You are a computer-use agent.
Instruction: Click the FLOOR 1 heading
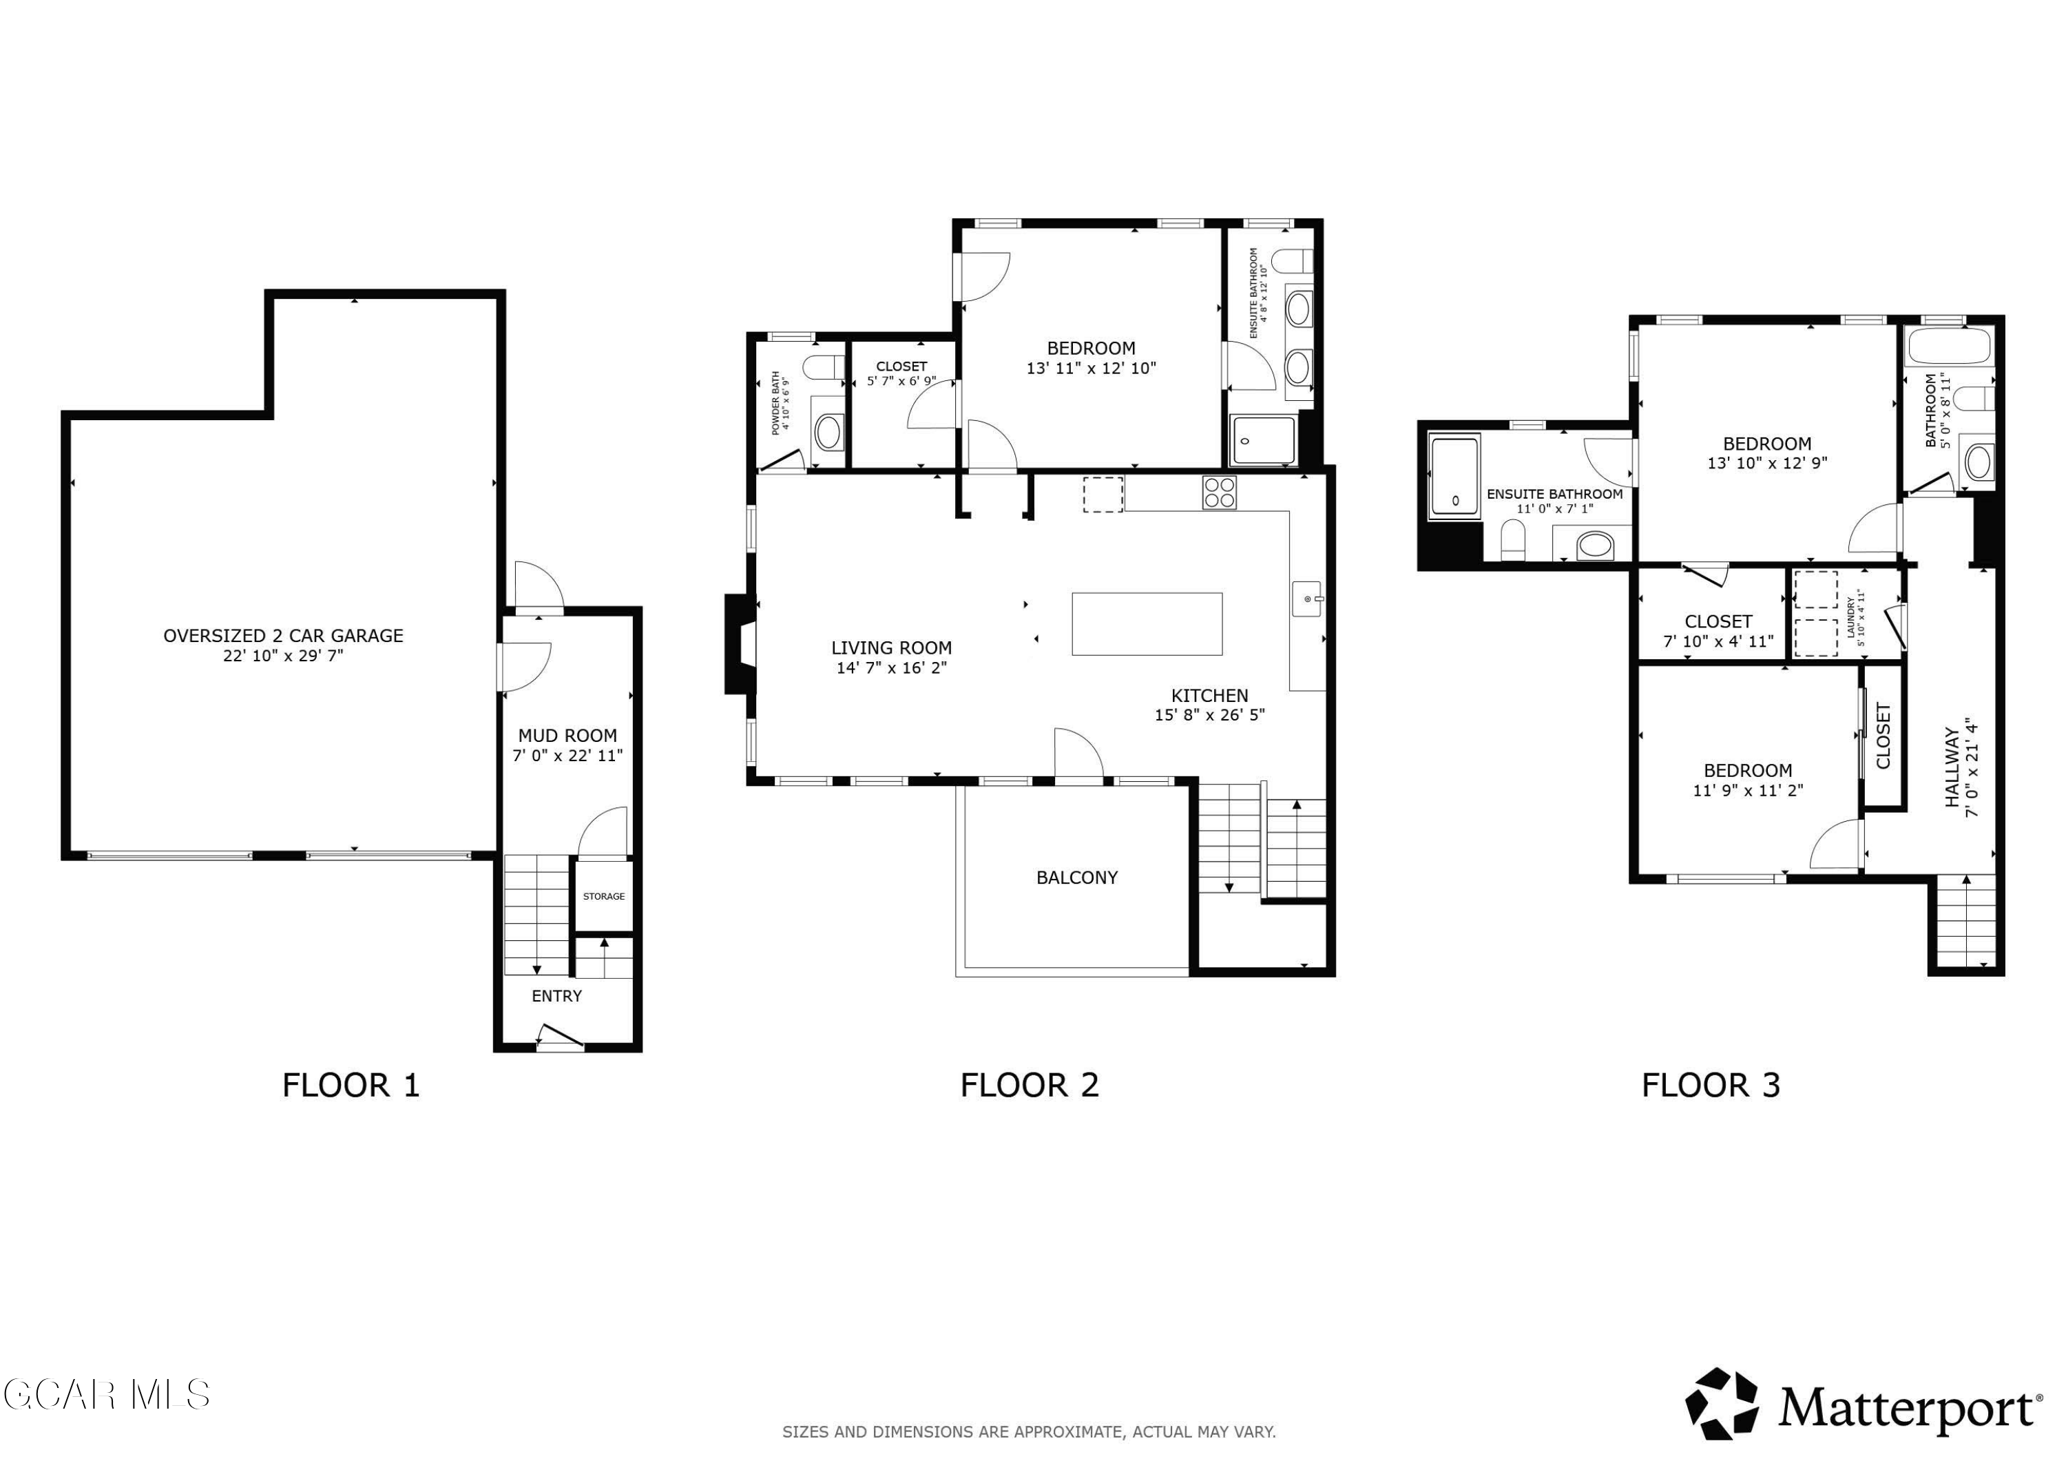pyautogui.click(x=351, y=1085)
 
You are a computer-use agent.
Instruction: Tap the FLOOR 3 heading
pyautogui.click(x=1711, y=1085)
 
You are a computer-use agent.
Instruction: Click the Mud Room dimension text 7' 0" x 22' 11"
pyautogui.click(x=567, y=755)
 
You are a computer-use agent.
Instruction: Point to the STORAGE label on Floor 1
pyautogui.click(x=604, y=897)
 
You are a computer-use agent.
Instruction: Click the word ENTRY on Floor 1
pyautogui.click(x=557, y=995)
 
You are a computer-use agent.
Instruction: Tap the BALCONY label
pyautogui.click(x=1077, y=878)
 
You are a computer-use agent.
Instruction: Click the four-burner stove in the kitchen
pyautogui.click(x=1219, y=493)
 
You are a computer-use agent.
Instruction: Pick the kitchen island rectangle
pyautogui.click(x=1147, y=624)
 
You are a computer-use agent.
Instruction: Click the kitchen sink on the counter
pyautogui.click(x=1308, y=599)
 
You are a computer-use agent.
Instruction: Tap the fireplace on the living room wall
pyautogui.click(x=740, y=643)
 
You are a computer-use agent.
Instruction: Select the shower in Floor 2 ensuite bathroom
pyautogui.click(x=1264, y=440)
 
